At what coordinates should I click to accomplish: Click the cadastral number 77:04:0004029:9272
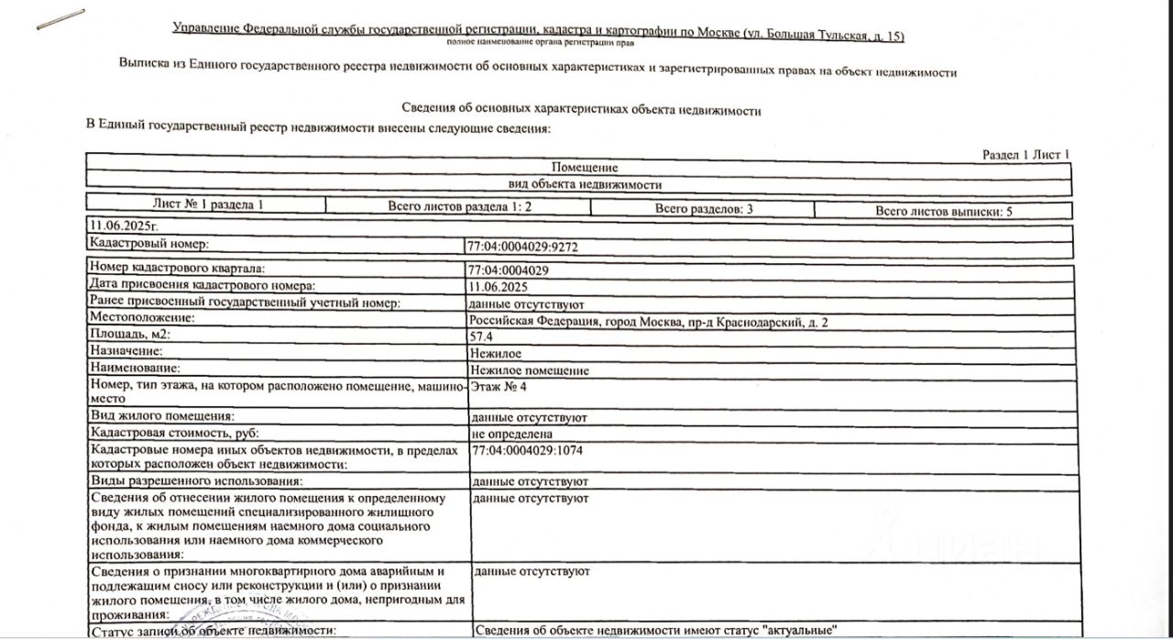click(x=522, y=247)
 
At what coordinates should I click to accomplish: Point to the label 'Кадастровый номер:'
click(x=148, y=244)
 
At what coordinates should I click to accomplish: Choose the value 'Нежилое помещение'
click(x=529, y=370)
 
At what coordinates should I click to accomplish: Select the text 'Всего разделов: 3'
click(x=703, y=209)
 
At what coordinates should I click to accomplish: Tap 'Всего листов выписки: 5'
click(x=943, y=211)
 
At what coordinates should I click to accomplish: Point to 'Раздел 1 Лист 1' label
click(x=1025, y=155)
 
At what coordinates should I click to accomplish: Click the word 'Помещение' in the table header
click(x=586, y=168)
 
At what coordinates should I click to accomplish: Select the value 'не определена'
click(x=511, y=434)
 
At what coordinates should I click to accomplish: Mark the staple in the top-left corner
click(x=60, y=19)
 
